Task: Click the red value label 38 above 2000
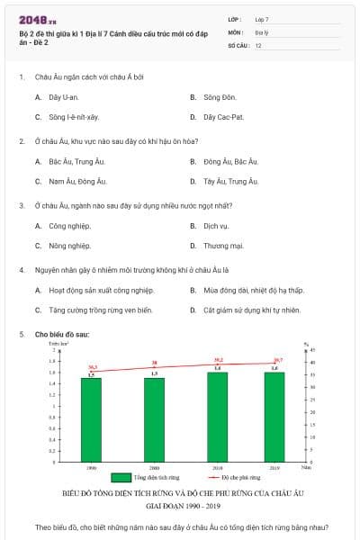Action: click(x=155, y=364)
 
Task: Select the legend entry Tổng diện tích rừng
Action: click(x=148, y=478)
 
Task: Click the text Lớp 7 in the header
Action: click(x=261, y=19)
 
